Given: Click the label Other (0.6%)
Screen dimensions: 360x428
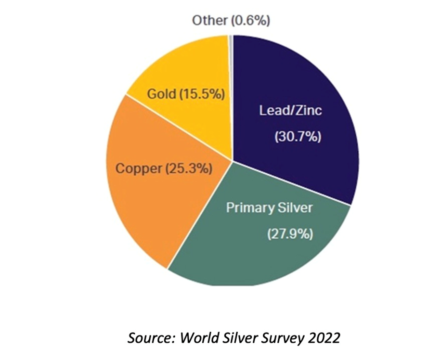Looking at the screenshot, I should click(231, 21).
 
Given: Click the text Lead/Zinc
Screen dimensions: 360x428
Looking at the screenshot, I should click(290, 111).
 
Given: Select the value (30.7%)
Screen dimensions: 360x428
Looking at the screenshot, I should click(298, 137).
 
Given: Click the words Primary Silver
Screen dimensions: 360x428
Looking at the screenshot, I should click(270, 208).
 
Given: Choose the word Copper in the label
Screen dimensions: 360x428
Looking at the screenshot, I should click(139, 169).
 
